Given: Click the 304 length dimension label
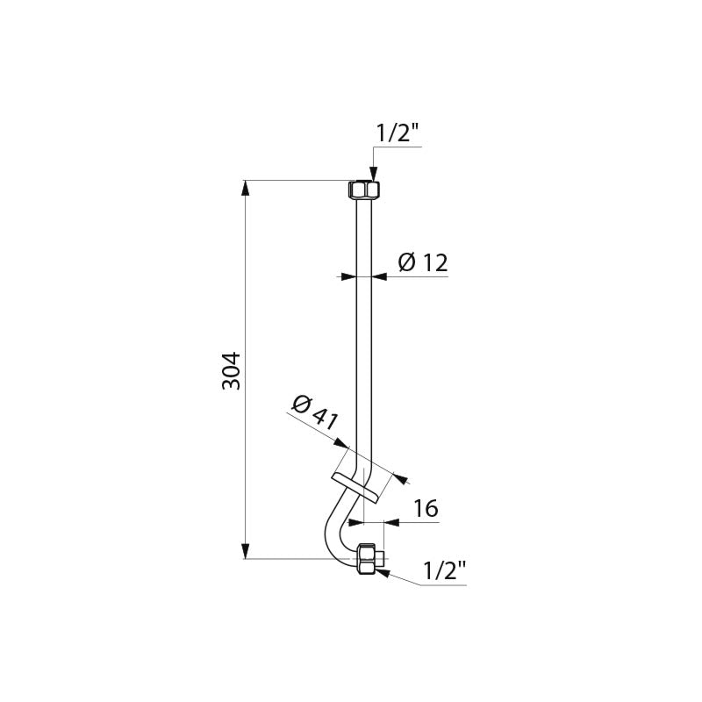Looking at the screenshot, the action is (x=232, y=371).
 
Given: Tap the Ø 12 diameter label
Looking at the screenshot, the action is (x=423, y=262).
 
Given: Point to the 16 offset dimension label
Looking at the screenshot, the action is (x=426, y=509).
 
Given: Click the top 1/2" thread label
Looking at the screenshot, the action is (x=398, y=133).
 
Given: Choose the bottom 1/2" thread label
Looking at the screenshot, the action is (x=445, y=571).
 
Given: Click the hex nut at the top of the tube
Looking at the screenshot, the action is (x=364, y=190).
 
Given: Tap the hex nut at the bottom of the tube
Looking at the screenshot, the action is (x=369, y=559).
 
